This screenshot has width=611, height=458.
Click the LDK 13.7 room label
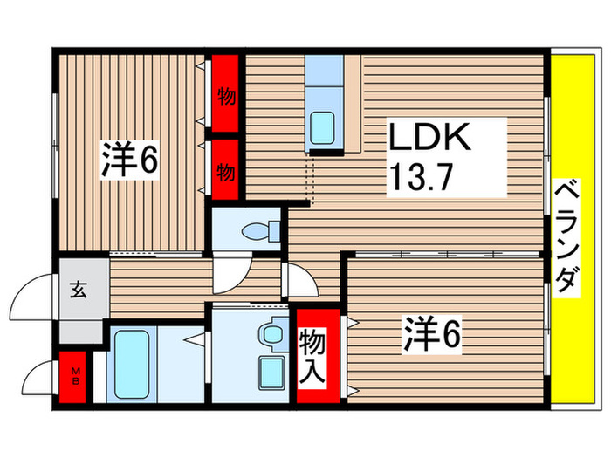coord(430,159)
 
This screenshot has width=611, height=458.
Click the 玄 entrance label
coord(77,286)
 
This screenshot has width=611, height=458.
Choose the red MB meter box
coord(75,377)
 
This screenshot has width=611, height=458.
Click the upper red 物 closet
coord(226,96)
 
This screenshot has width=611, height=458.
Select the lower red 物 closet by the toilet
coord(226,170)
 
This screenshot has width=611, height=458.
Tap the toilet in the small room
coord(263,231)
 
